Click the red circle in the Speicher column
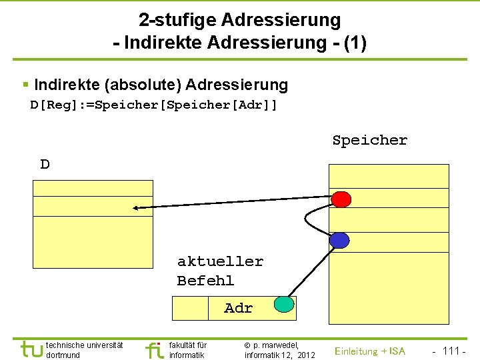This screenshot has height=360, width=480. coord(341,199)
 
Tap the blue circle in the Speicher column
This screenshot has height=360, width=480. coord(339,240)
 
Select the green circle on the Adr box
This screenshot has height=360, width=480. coord(284,305)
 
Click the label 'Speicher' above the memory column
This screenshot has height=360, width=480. coord(369,141)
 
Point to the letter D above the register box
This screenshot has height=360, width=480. coord(45,164)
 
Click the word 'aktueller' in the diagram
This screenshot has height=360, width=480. coord(220,261)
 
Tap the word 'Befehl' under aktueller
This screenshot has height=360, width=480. coord(205,281)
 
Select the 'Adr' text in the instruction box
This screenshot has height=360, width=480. coord(238,308)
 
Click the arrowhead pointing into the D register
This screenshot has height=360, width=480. coord(135,208)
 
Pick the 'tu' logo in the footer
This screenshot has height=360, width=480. coord(31,349)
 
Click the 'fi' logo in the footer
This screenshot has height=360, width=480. coord(154,349)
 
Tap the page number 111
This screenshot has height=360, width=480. coord(451,351)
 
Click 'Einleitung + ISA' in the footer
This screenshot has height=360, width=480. coord(369,351)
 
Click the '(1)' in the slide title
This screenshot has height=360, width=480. coord(353,43)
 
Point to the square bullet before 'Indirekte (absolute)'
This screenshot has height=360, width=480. coord(25,85)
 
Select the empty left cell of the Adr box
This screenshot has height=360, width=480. coord(190,308)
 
